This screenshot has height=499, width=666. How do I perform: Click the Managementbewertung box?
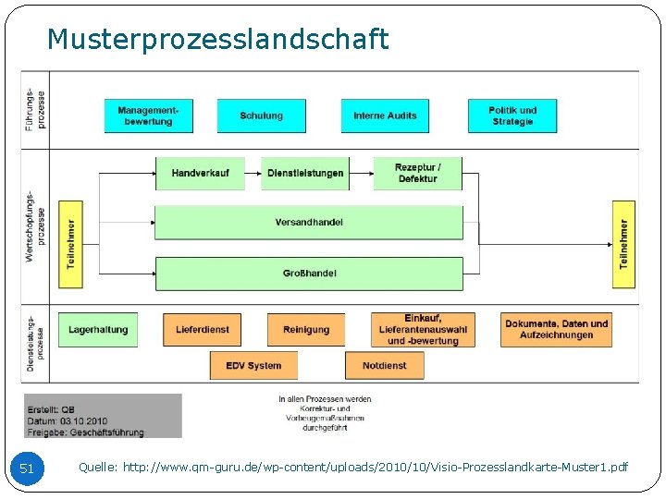(148, 116)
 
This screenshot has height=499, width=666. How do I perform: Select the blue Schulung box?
(261, 116)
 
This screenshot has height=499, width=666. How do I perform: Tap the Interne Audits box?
(385, 116)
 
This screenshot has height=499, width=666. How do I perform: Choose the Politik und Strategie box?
(512, 116)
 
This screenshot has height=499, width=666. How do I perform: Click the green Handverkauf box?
(200, 173)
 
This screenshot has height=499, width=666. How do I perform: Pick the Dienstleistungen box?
(305, 173)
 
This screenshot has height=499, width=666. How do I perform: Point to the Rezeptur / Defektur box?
(417, 173)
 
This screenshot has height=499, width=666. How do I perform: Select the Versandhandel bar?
(309, 223)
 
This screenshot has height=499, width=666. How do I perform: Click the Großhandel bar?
(309, 274)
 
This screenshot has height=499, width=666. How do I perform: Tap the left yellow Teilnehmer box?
(71, 244)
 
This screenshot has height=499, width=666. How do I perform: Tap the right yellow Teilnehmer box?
(624, 244)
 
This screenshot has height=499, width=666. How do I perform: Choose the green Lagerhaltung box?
(98, 330)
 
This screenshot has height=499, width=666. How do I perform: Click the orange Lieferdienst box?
(202, 330)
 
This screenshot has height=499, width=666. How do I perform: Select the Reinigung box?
(305, 330)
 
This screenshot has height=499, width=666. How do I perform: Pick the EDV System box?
(253, 366)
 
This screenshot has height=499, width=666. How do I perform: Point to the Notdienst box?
(384, 366)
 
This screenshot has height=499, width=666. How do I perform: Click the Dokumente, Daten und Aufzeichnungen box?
(557, 330)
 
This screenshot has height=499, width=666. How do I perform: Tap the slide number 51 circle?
(27, 469)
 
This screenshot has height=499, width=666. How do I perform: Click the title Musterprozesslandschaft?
(217, 40)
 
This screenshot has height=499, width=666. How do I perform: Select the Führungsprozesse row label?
(34, 109)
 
